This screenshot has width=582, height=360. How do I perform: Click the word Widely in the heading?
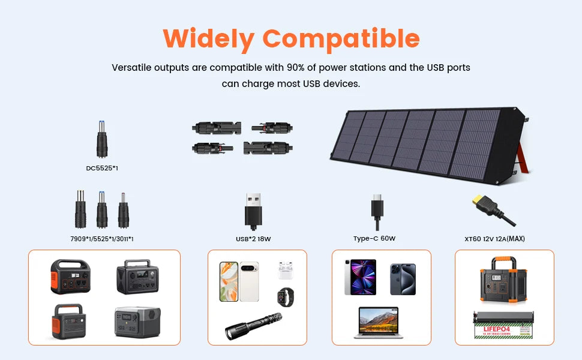click(209, 39)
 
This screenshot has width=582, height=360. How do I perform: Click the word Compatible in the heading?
click(341, 39)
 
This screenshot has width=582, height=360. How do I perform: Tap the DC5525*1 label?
click(101, 168)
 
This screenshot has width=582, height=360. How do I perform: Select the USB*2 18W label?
click(253, 239)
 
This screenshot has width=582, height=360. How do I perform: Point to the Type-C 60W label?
click(374, 239)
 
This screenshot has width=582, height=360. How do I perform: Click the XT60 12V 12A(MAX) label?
click(494, 239)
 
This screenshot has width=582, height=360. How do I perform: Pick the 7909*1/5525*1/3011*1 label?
click(101, 239)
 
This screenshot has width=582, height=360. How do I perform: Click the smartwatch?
click(286, 297)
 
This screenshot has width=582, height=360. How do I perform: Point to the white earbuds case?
click(285, 271)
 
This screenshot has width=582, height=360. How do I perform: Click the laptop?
click(378, 323)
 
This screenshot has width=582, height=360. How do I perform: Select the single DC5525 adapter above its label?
click(102, 139)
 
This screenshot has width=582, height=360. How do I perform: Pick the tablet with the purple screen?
click(360, 277)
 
